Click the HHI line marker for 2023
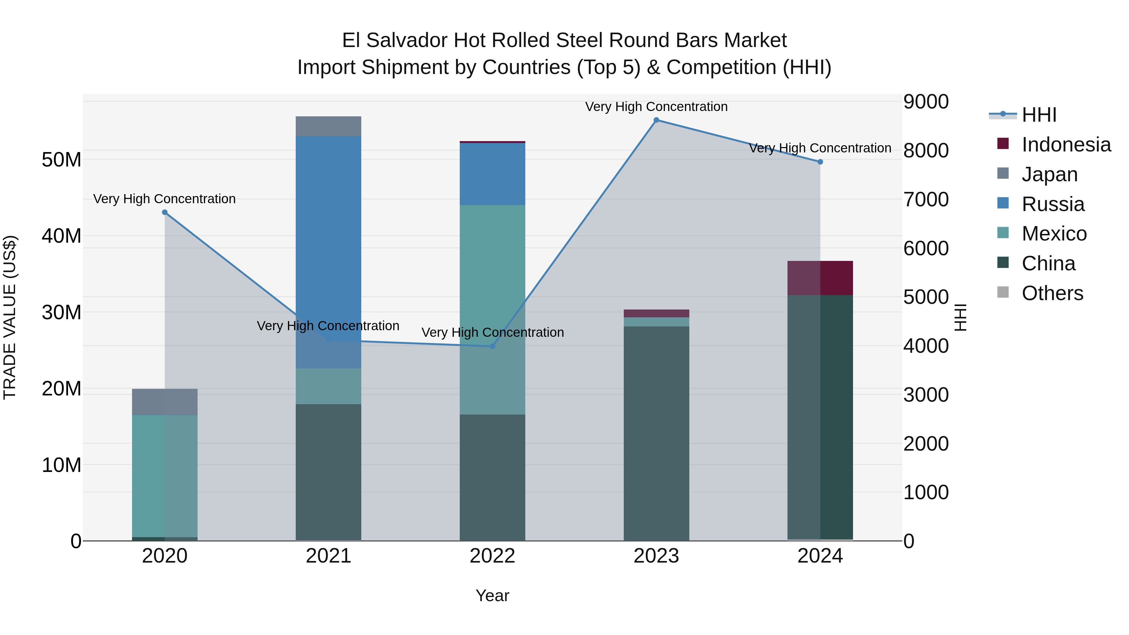tap(656, 120)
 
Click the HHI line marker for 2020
tap(165, 212)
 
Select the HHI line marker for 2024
tap(820, 162)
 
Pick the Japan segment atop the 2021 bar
tap(328, 126)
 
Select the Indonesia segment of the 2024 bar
tap(820, 278)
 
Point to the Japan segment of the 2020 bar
tap(165, 402)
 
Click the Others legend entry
tap(1052, 293)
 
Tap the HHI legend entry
tap(1039, 115)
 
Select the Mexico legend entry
tap(1054, 234)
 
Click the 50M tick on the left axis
tap(61, 160)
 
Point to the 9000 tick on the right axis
tap(926, 102)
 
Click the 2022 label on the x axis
tap(492, 556)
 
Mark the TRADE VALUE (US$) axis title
tap(10, 317)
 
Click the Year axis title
tap(492, 595)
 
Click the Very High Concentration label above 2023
tap(656, 107)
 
